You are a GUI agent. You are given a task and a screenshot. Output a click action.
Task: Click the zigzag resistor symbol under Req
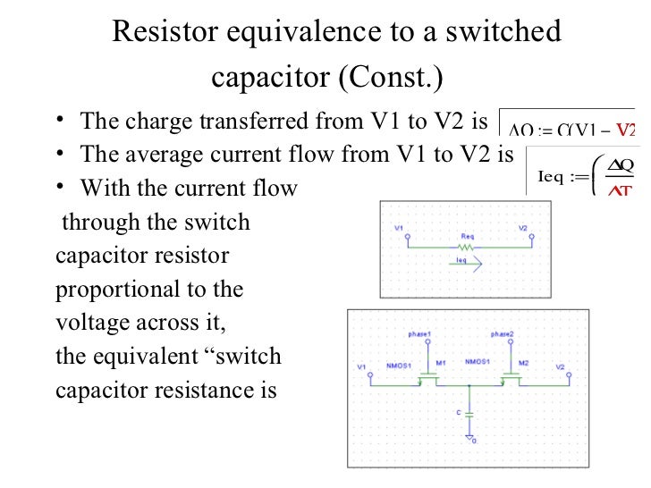[466, 247]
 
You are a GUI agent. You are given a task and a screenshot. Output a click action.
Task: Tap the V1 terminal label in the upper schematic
[398, 228]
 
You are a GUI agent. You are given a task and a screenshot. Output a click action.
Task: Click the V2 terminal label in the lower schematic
[560, 367]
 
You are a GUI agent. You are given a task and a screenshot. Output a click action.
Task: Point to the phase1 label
[420, 333]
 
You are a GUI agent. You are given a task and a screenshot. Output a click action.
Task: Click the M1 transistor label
[441, 363]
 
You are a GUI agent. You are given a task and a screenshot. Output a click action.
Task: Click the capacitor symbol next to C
[469, 416]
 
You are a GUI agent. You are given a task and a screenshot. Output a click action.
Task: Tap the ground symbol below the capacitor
[469, 438]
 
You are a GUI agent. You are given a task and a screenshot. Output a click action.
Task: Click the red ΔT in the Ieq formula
[617, 189]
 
